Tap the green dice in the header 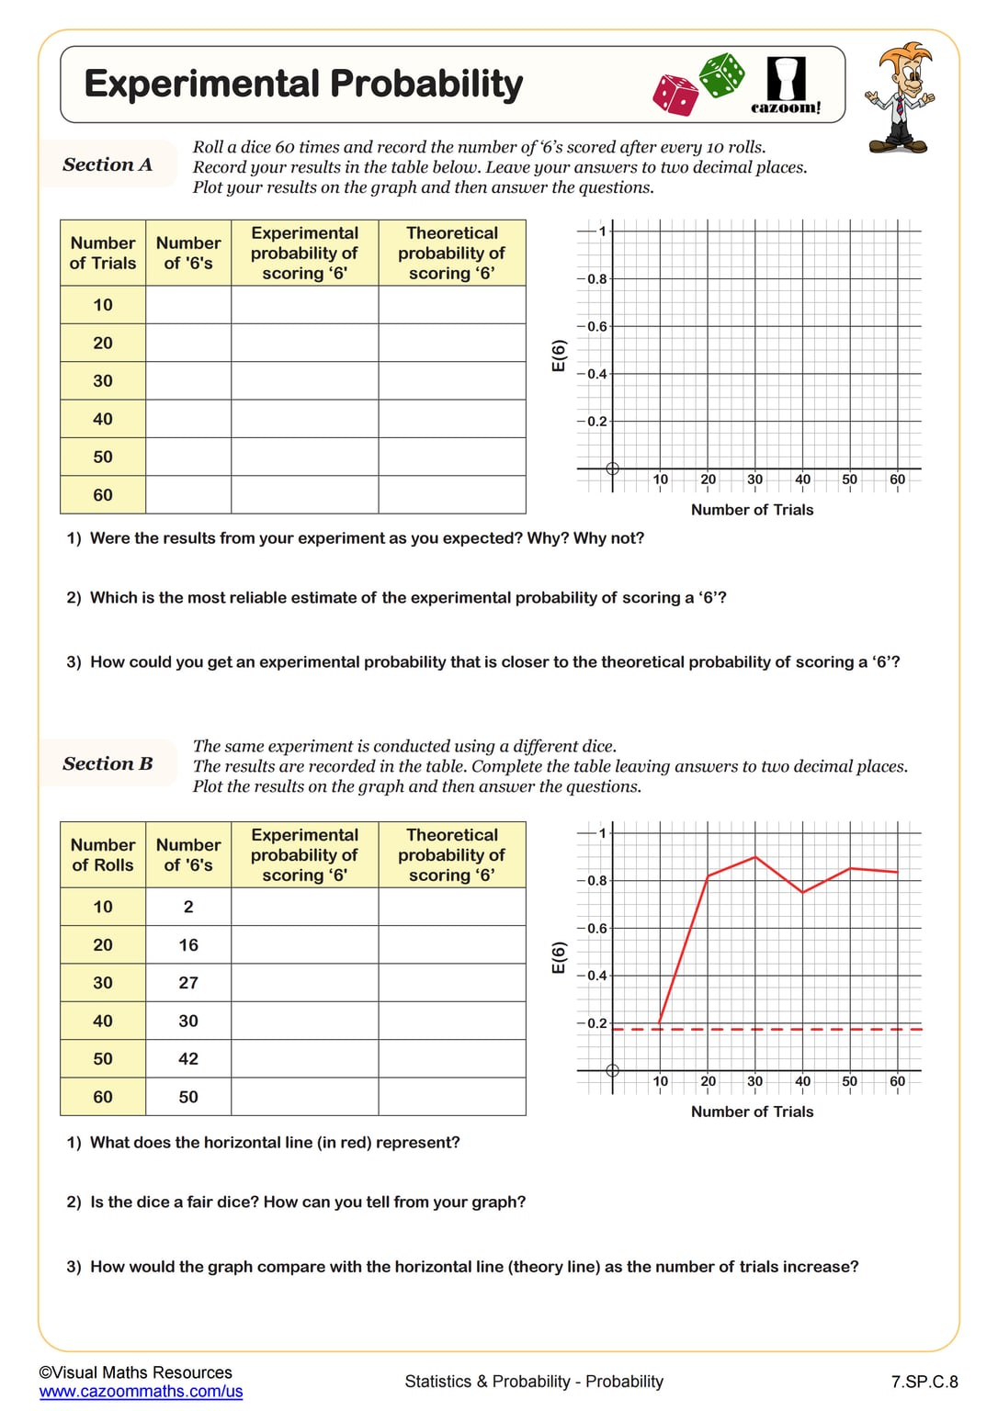[x=722, y=74]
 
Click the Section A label [x=108, y=164]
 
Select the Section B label [x=108, y=763]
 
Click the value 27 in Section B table [x=188, y=983]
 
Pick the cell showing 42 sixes [x=188, y=1059]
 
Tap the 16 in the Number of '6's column [x=188, y=945]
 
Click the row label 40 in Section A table [x=103, y=419]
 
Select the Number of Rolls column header [x=103, y=854]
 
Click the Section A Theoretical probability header [x=451, y=253]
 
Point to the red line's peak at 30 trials [x=755, y=857]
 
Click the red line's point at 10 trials [x=660, y=1023]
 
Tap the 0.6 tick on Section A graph [x=597, y=326]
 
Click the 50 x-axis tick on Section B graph [x=850, y=1081]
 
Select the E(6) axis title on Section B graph [x=559, y=957]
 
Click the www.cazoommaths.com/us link [x=141, y=1392]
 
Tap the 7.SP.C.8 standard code [x=924, y=1382]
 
